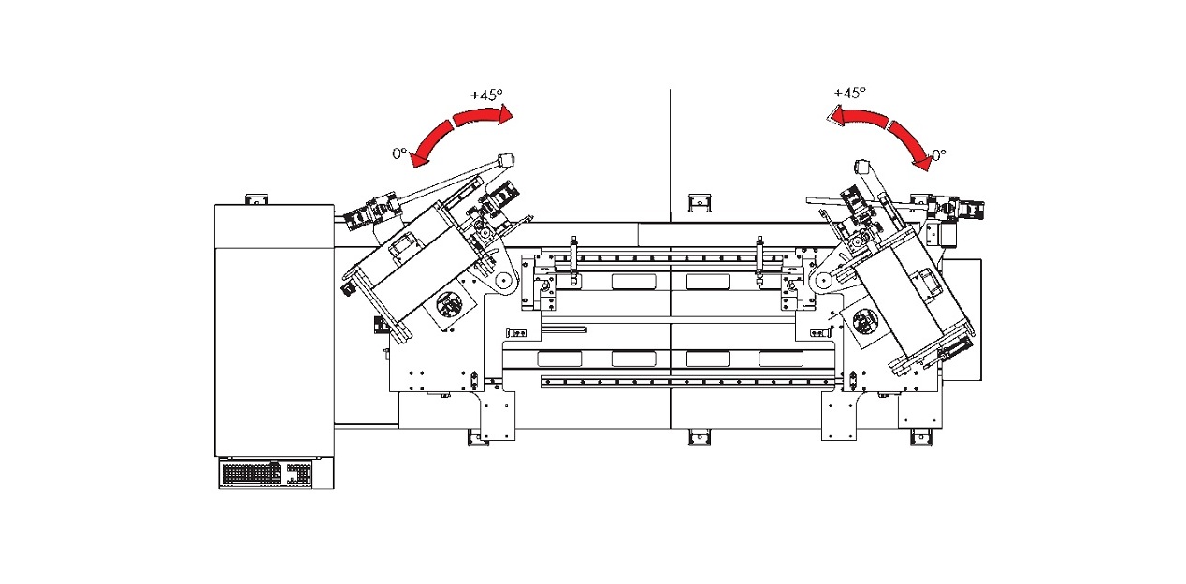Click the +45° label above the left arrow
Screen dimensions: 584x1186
pos(486,95)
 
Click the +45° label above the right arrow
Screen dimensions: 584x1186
pos(849,93)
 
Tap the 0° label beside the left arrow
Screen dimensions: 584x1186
pos(399,153)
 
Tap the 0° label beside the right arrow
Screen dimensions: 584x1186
pos(937,154)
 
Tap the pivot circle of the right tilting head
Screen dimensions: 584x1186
pos(823,280)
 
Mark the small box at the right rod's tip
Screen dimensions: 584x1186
pos(862,168)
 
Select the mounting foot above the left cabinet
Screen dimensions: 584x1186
pos(254,198)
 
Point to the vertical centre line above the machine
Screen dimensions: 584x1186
pos(670,140)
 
